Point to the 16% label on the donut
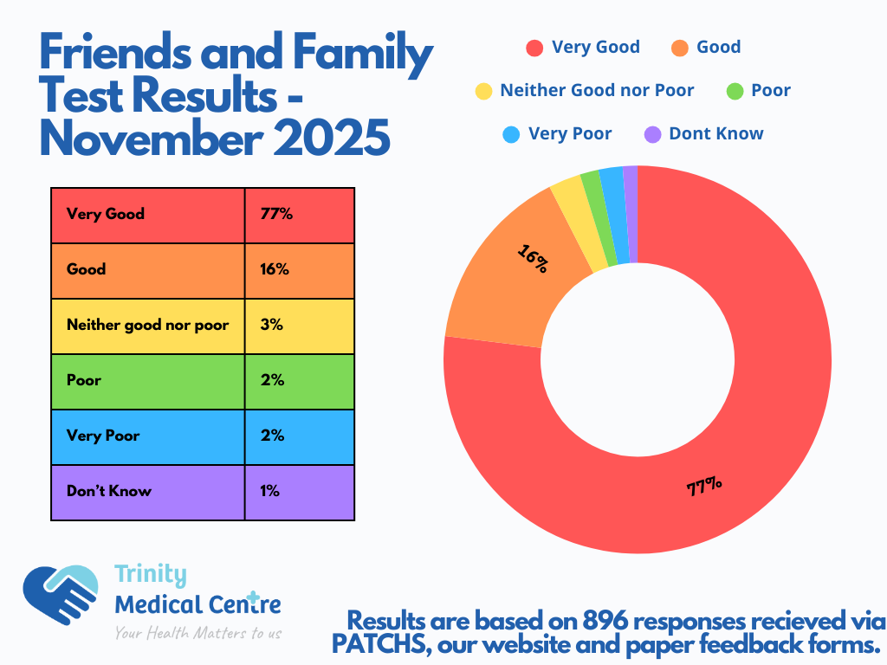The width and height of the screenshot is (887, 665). (533, 258)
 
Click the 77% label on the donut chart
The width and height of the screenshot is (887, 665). (704, 487)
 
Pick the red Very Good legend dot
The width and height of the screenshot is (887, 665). (534, 48)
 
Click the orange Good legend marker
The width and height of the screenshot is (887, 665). (680, 48)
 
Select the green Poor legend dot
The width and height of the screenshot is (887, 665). (735, 91)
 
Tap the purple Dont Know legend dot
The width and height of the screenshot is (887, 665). (653, 134)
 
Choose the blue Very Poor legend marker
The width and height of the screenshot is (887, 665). (511, 134)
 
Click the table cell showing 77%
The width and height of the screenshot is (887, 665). (300, 214)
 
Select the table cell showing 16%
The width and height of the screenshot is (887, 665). (300, 269)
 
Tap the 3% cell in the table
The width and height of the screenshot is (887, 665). (300, 325)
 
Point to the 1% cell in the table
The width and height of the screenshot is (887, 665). (300, 491)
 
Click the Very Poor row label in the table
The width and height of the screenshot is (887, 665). (103, 436)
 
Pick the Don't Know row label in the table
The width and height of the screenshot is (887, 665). (109, 491)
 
